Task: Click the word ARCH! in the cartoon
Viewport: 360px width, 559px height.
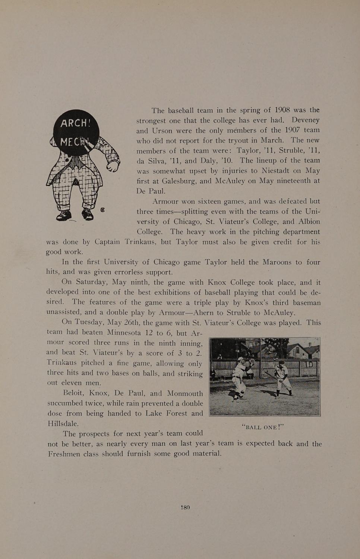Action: [76, 123]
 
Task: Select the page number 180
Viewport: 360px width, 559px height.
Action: [185, 508]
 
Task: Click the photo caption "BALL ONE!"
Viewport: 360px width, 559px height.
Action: [263, 427]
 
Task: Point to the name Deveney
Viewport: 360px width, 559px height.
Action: [305, 120]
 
